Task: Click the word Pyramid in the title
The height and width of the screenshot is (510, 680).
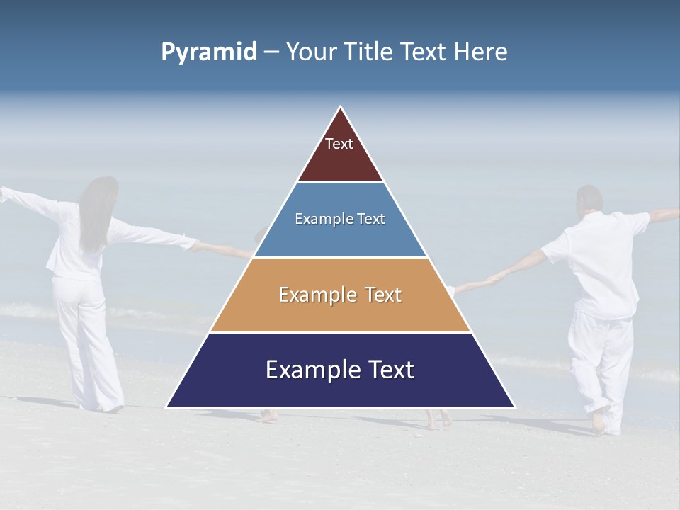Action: click(x=209, y=52)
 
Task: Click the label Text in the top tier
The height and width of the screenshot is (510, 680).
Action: click(x=339, y=144)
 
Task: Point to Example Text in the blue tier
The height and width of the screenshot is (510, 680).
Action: click(x=340, y=219)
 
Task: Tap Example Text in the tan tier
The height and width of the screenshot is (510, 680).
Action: click(x=340, y=295)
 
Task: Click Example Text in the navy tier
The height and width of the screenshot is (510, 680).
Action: click(x=340, y=370)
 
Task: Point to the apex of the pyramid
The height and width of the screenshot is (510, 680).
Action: click(x=341, y=108)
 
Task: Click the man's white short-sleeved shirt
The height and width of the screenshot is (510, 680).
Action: click(x=602, y=262)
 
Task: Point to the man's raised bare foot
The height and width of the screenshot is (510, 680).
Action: click(x=599, y=423)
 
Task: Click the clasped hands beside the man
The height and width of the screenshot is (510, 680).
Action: click(x=496, y=277)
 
